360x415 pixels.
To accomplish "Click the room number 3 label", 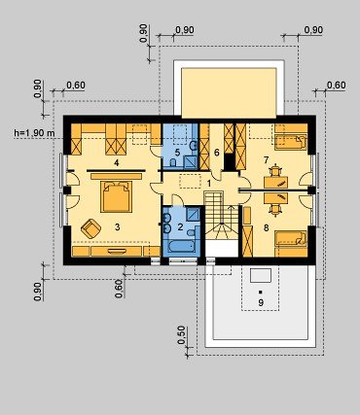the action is [117, 227].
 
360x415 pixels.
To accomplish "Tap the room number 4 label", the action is [117, 162].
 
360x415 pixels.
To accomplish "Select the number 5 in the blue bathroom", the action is [177, 153].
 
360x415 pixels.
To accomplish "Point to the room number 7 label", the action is [267, 159].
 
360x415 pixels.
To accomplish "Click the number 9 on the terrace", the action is [261, 303].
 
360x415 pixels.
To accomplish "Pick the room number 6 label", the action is [217, 153].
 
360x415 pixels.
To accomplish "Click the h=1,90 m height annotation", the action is [34, 133].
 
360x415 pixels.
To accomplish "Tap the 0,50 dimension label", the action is [182, 335].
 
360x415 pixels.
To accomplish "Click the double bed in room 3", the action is [117, 196].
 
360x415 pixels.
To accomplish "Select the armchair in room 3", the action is [90, 228].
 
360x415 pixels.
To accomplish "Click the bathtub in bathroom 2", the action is [181, 246].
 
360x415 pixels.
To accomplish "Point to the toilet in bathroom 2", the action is [193, 231].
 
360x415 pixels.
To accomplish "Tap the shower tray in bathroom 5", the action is [191, 161].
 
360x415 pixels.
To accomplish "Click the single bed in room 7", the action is [291, 142].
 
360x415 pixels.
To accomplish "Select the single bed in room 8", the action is [291, 239].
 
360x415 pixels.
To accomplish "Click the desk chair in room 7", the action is [275, 170].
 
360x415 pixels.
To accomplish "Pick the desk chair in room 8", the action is [275, 210].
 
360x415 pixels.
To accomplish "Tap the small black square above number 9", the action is [261, 292].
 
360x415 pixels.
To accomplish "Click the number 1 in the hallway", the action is [209, 184].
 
